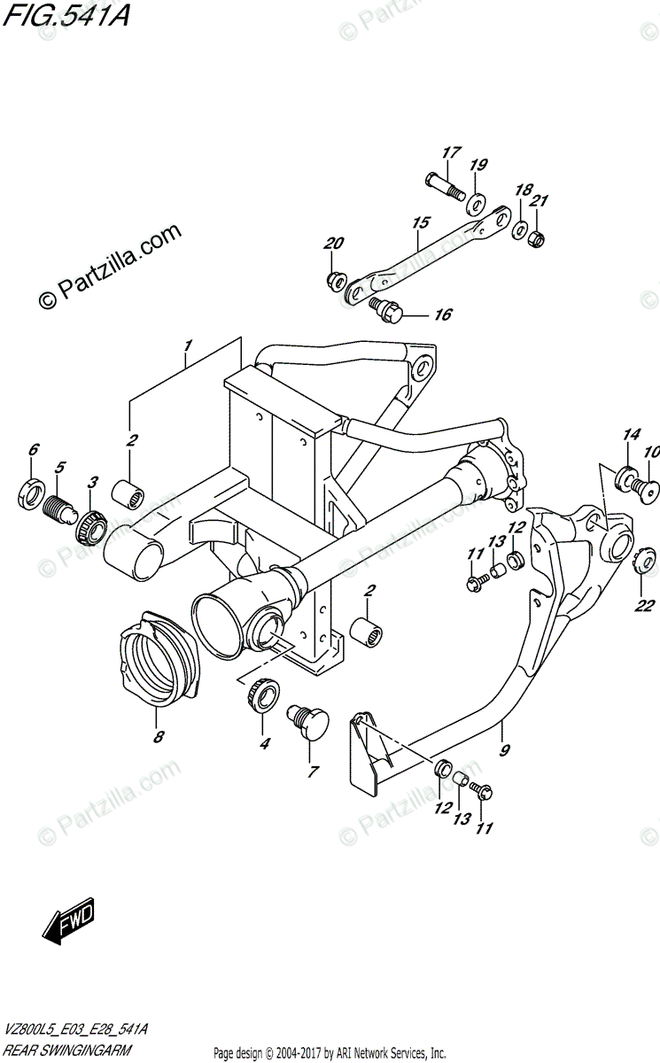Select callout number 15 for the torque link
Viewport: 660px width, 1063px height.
coord(420,222)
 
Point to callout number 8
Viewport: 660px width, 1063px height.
coord(158,736)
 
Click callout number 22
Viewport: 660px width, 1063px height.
coord(644,607)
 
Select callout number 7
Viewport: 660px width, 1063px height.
coord(312,772)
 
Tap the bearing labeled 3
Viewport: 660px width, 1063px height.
coord(93,526)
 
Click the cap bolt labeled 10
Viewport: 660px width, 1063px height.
coord(648,486)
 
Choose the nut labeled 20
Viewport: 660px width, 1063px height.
coord(335,281)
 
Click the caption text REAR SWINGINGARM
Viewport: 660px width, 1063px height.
coord(66,1051)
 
